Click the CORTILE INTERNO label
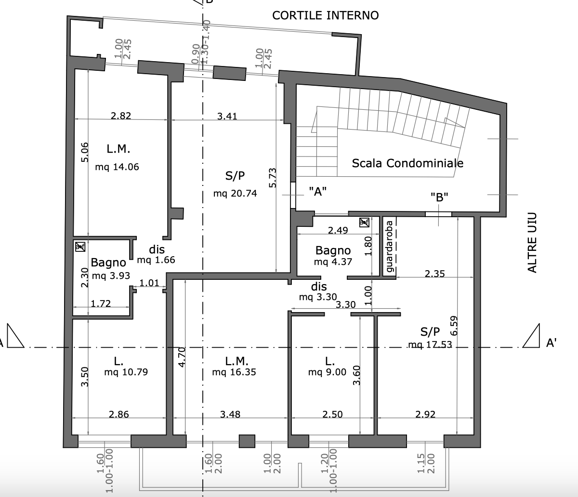(x=326, y=15)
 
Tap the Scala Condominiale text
(x=407, y=163)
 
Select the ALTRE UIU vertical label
(x=532, y=243)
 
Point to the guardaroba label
(x=389, y=246)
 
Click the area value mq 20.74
(x=235, y=194)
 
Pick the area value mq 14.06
(x=117, y=167)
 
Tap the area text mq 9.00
(x=327, y=372)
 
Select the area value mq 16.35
(x=234, y=372)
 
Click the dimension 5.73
(x=272, y=178)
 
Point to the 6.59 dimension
(x=454, y=326)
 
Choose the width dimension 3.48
(x=230, y=414)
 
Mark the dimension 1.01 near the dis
(x=149, y=283)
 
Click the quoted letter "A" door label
(x=318, y=192)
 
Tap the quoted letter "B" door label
(x=439, y=197)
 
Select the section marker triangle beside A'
(x=531, y=336)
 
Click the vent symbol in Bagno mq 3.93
(x=80, y=247)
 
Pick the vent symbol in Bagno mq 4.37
(x=364, y=222)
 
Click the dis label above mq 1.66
(x=157, y=249)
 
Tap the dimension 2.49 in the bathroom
(x=338, y=230)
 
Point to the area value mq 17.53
(x=430, y=345)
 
